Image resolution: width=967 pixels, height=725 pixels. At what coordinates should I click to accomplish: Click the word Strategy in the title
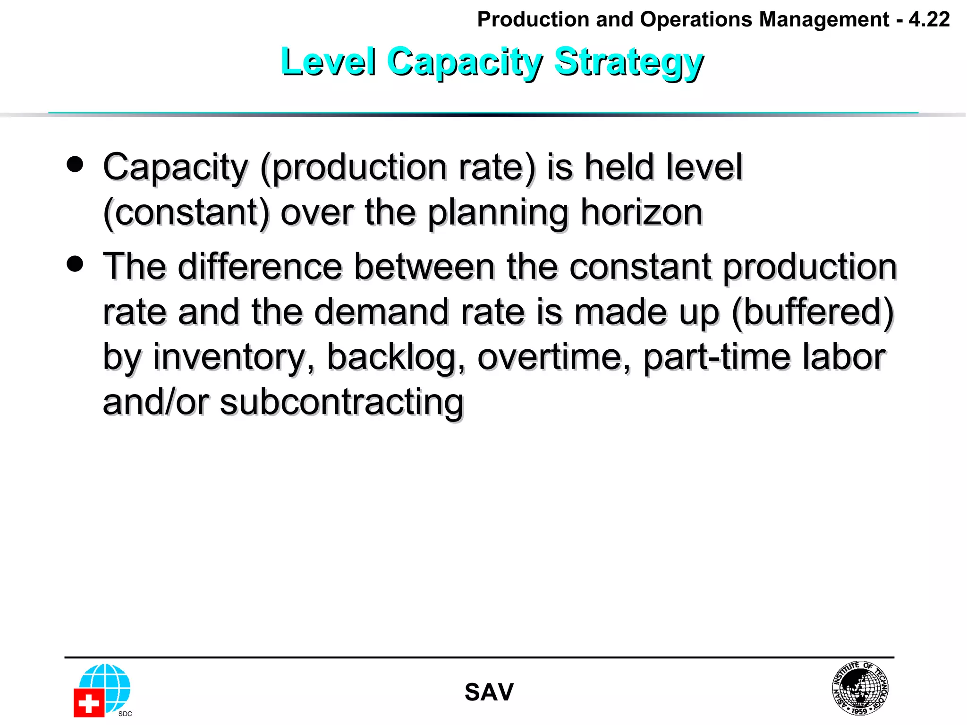pyautogui.click(x=628, y=62)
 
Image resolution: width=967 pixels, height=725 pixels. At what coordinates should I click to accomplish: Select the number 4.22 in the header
pyautogui.click(x=929, y=20)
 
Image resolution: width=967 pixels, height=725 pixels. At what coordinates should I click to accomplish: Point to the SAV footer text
pyautogui.click(x=489, y=692)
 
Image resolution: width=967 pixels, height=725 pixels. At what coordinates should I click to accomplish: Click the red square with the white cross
pyautogui.click(x=88, y=703)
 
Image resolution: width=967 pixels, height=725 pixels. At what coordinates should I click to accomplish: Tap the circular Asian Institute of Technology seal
pyautogui.click(x=860, y=688)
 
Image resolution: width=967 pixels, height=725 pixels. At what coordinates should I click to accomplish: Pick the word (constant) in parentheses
pyautogui.click(x=186, y=213)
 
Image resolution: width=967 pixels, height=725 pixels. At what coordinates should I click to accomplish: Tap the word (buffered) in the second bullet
pyautogui.click(x=812, y=312)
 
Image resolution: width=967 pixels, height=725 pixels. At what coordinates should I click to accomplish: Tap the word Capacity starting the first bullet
pyautogui.click(x=175, y=168)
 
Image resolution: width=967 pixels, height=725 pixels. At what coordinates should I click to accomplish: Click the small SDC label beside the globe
pyautogui.click(x=125, y=714)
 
